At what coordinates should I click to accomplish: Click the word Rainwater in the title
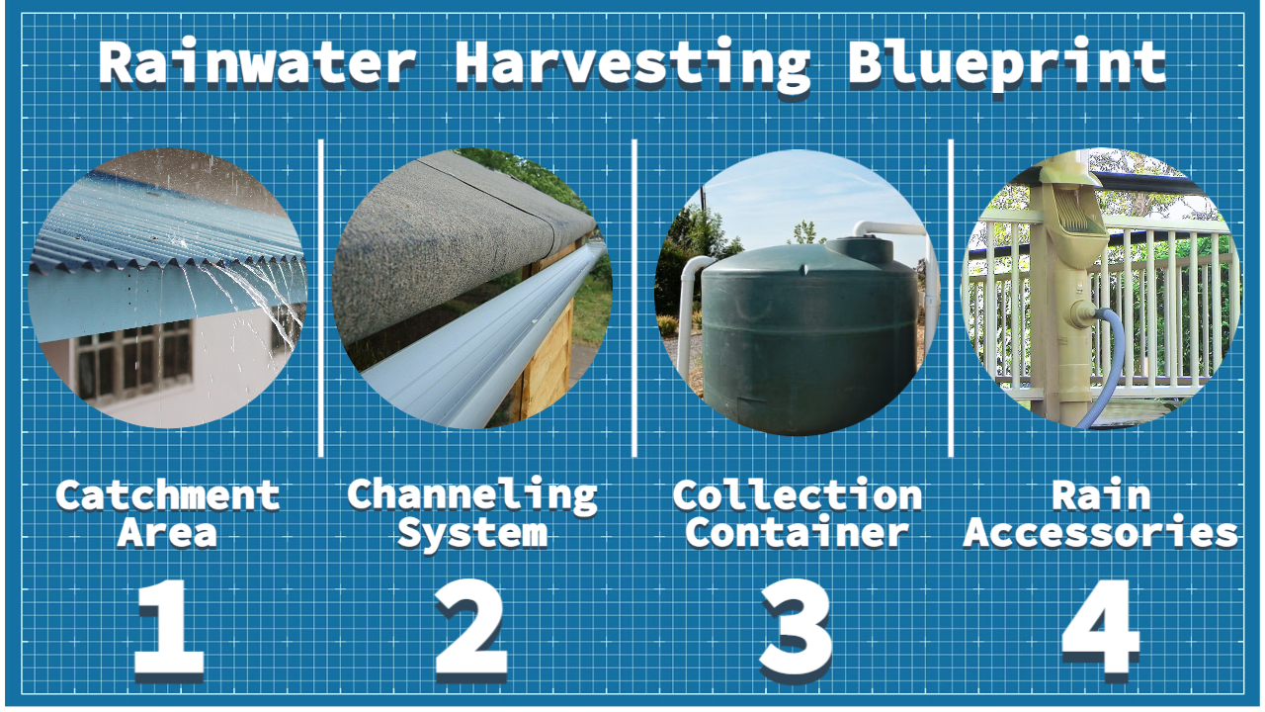(256, 62)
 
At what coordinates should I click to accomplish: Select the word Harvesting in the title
(632, 64)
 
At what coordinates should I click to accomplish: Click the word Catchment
(167, 494)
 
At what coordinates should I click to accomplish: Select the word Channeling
(472, 493)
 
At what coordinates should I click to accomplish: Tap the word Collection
(797, 494)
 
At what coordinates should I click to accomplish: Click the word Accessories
(1101, 533)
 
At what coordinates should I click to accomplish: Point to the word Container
(797, 533)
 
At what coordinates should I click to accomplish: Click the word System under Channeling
(472, 533)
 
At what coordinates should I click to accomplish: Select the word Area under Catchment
(167, 533)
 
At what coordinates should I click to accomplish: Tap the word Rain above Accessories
(1101, 494)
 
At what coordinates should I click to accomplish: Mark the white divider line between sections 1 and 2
(322, 297)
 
